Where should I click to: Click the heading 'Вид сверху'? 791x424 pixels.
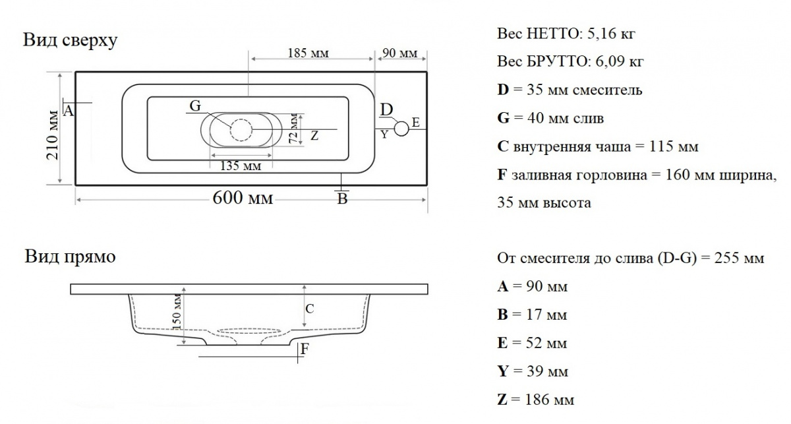point(71,41)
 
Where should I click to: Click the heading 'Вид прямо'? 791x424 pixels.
point(70,257)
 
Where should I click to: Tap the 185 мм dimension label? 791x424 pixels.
point(308,53)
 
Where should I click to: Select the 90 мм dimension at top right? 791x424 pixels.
point(400,53)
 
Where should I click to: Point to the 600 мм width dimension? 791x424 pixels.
point(242,198)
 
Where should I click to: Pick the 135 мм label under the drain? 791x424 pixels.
point(240,166)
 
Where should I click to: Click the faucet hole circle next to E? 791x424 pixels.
point(401,128)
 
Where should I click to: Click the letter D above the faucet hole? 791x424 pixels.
point(388,109)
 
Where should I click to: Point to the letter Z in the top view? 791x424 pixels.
point(314,136)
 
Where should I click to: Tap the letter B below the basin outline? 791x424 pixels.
point(341,198)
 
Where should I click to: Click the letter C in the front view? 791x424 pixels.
point(310,308)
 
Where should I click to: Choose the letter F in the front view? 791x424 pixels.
point(305,349)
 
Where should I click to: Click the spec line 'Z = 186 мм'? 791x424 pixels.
point(536,400)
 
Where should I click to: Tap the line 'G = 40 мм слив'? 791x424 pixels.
point(550,119)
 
